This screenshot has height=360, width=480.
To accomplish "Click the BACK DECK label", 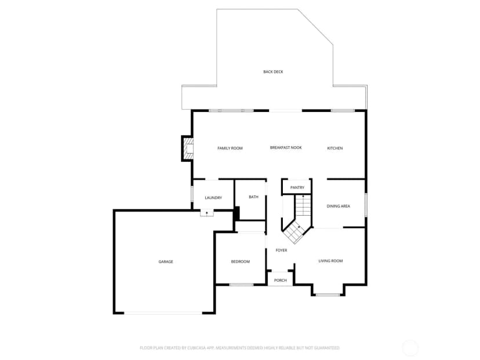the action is [x=273, y=72].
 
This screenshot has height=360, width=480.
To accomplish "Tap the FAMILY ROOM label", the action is [x=230, y=148].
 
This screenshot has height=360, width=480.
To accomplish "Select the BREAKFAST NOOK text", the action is [x=286, y=148].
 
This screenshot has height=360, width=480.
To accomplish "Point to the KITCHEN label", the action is [x=335, y=148].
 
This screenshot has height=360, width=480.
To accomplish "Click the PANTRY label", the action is [x=297, y=188].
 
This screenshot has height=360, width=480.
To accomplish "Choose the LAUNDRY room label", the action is [x=213, y=198].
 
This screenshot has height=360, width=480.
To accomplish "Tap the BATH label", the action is [x=253, y=197].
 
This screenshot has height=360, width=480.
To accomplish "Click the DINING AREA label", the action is [x=339, y=206].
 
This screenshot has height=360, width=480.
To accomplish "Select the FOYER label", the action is [x=281, y=250].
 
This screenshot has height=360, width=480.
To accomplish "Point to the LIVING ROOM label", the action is [x=330, y=261].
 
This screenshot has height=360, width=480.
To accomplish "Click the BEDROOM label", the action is [x=241, y=261].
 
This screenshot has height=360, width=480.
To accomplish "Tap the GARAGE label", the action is [x=166, y=261].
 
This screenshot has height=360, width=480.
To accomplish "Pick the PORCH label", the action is [x=281, y=281].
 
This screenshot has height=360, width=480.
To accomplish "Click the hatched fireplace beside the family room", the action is [x=187, y=148].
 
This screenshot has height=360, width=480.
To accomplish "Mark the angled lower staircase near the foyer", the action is [x=295, y=231].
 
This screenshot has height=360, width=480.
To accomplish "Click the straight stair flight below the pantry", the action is [x=303, y=205].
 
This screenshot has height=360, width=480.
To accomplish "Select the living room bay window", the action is [x=328, y=295].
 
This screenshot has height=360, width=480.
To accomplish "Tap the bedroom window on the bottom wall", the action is [x=241, y=285].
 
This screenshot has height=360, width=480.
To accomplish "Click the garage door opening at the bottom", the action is [x=163, y=313].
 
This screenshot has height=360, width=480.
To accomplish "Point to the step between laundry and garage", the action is [x=207, y=213].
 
